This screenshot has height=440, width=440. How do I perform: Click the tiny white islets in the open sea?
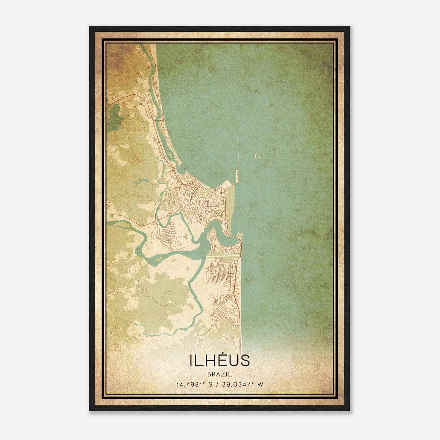(258, 157)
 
